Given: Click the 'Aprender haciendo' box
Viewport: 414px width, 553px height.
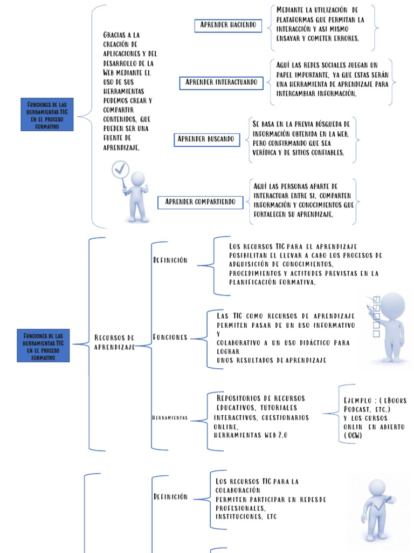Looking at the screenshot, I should click(x=228, y=25).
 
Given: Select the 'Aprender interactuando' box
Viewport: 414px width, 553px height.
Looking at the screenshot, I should click(x=222, y=83).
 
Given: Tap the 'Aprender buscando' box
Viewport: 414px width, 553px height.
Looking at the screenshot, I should click(x=206, y=139).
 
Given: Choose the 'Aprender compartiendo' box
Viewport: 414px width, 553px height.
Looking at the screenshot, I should click(x=201, y=202).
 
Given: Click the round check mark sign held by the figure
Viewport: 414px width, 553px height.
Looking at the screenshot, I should click(x=120, y=170).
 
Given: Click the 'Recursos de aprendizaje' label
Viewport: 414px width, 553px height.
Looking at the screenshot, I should click(x=114, y=342).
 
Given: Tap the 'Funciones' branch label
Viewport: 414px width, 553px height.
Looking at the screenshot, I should click(x=170, y=338).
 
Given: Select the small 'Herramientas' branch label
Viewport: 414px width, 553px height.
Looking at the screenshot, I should click(x=170, y=418).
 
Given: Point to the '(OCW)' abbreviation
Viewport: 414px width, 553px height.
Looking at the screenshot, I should click(x=353, y=435).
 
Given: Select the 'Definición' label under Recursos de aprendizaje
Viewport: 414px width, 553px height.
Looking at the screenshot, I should click(x=170, y=260).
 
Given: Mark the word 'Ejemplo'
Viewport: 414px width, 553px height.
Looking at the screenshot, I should click(x=357, y=401).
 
